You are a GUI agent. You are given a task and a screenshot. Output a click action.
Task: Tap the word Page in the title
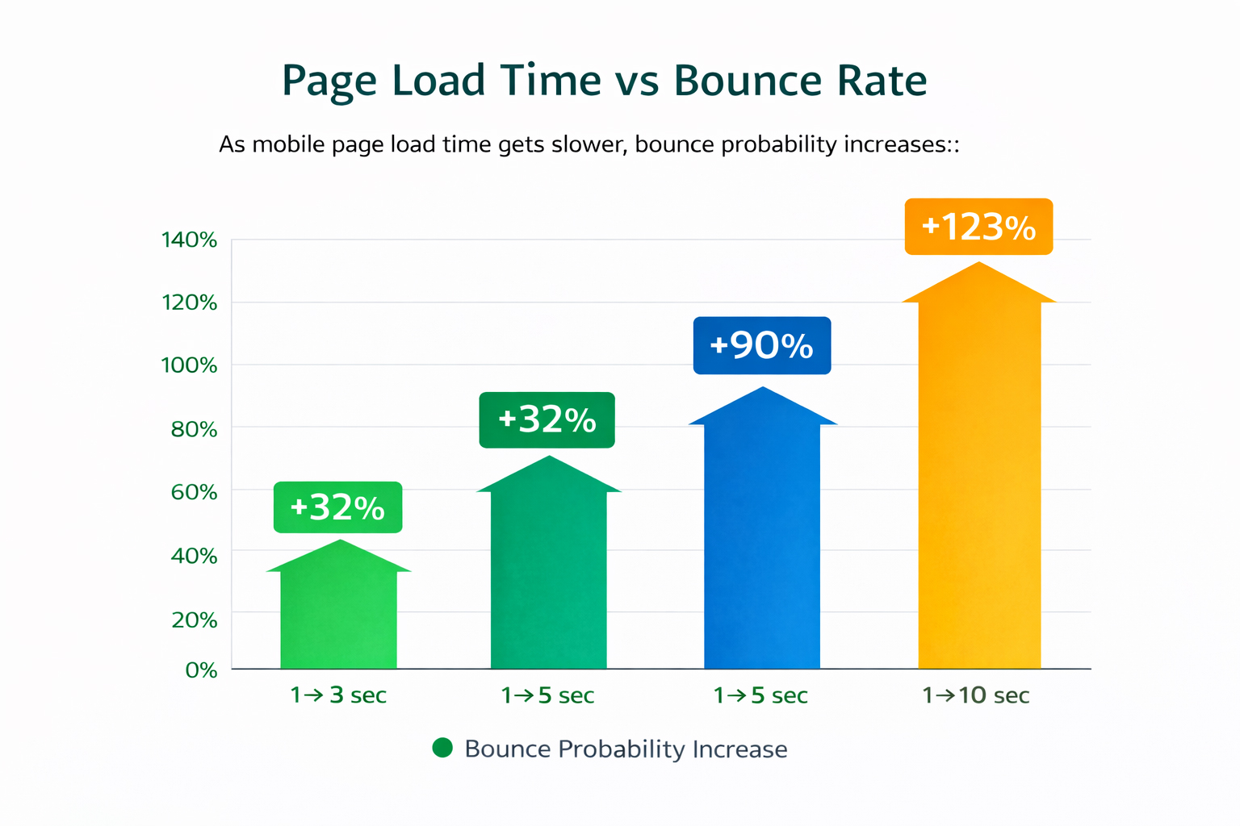[x=329, y=82]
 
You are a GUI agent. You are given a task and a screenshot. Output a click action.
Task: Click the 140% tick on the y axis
[x=190, y=240]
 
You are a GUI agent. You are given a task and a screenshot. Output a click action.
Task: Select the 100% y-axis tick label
[x=190, y=365]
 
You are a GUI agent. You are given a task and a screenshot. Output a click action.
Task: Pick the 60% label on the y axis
[x=194, y=492]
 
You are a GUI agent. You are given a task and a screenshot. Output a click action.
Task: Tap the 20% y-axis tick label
[x=194, y=619]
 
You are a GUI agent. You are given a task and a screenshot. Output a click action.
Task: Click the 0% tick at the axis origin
[x=201, y=670]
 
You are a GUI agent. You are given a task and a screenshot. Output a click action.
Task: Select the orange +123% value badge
[x=978, y=227]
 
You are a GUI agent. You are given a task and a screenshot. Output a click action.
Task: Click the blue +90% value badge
[x=761, y=345]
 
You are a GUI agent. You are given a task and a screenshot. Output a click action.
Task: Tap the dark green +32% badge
[x=547, y=419]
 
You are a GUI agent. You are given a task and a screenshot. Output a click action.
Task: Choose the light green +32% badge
[x=337, y=507]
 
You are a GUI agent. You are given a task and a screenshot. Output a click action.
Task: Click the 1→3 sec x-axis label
[x=338, y=695]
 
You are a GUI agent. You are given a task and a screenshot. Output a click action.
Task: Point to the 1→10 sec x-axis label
[x=976, y=695]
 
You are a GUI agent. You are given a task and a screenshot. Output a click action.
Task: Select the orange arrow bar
[x=979, y=484]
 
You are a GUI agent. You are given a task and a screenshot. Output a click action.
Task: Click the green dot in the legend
[x=442, y=748]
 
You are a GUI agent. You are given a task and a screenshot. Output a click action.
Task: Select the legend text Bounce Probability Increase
[x=626, y=749]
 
